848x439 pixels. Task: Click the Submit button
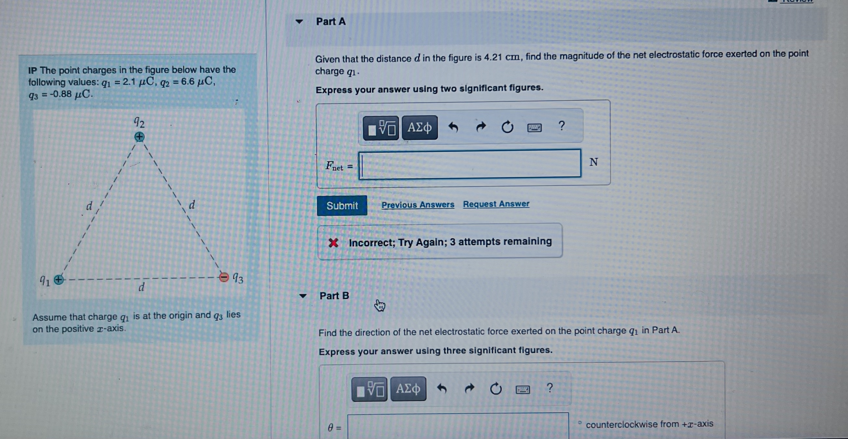[342, 206]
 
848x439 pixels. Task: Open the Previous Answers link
[417, 205]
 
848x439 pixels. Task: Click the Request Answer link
[496, 204]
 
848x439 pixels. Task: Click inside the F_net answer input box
[470, 164]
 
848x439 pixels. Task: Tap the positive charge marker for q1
[59, 280]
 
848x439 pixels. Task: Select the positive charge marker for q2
[139, 136]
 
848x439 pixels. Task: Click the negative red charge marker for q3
[224, 277]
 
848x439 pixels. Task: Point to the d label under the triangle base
[141, 287]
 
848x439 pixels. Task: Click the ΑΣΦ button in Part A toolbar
[419, 127]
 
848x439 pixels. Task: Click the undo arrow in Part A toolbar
[453, 127]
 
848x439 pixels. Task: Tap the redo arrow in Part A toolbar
[481, 127]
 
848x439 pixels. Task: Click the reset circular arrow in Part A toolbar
[507, 127]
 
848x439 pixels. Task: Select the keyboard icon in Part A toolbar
[534, 127]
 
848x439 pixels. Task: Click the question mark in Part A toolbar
[562, 126]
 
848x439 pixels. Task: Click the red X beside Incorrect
[333, 243]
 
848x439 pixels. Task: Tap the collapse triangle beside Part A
[299, 22]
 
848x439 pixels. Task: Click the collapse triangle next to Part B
[302, 295]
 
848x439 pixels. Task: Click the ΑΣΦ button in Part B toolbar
[408, 389]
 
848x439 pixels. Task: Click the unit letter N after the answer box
[593, 162]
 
